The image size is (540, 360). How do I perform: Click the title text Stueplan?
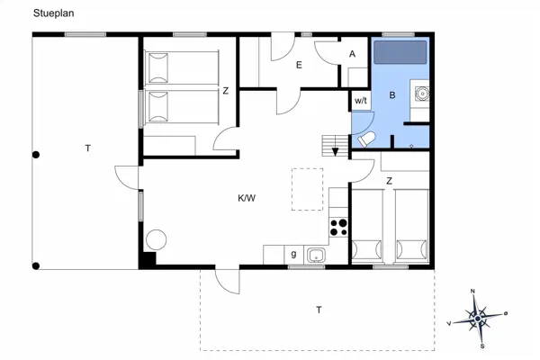pos(53,13)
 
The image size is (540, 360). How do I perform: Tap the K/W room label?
pos(247,197)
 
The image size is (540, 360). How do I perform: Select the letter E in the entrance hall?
pos(299,65)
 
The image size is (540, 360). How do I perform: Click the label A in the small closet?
pos(352,54)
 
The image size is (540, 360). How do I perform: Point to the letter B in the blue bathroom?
pos(391,94)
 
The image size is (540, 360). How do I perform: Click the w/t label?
pos(360,100)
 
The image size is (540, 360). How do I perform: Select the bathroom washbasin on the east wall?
pos(420,92)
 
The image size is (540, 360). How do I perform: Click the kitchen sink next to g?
pos(316,256)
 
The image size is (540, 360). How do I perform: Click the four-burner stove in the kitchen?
pos(339,227)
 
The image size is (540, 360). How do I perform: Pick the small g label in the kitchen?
pos(293,255)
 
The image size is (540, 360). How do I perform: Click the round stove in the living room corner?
pos(155,240)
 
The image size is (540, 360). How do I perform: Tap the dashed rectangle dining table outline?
pos(307,189)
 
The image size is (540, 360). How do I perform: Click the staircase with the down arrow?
pos(336,144)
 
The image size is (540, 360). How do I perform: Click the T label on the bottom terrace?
pos(318,310)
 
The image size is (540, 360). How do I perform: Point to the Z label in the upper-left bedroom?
pos(225,91)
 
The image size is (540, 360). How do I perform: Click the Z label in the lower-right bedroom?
pos(389,180)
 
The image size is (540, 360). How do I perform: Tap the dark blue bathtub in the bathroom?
pos(400,52)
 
